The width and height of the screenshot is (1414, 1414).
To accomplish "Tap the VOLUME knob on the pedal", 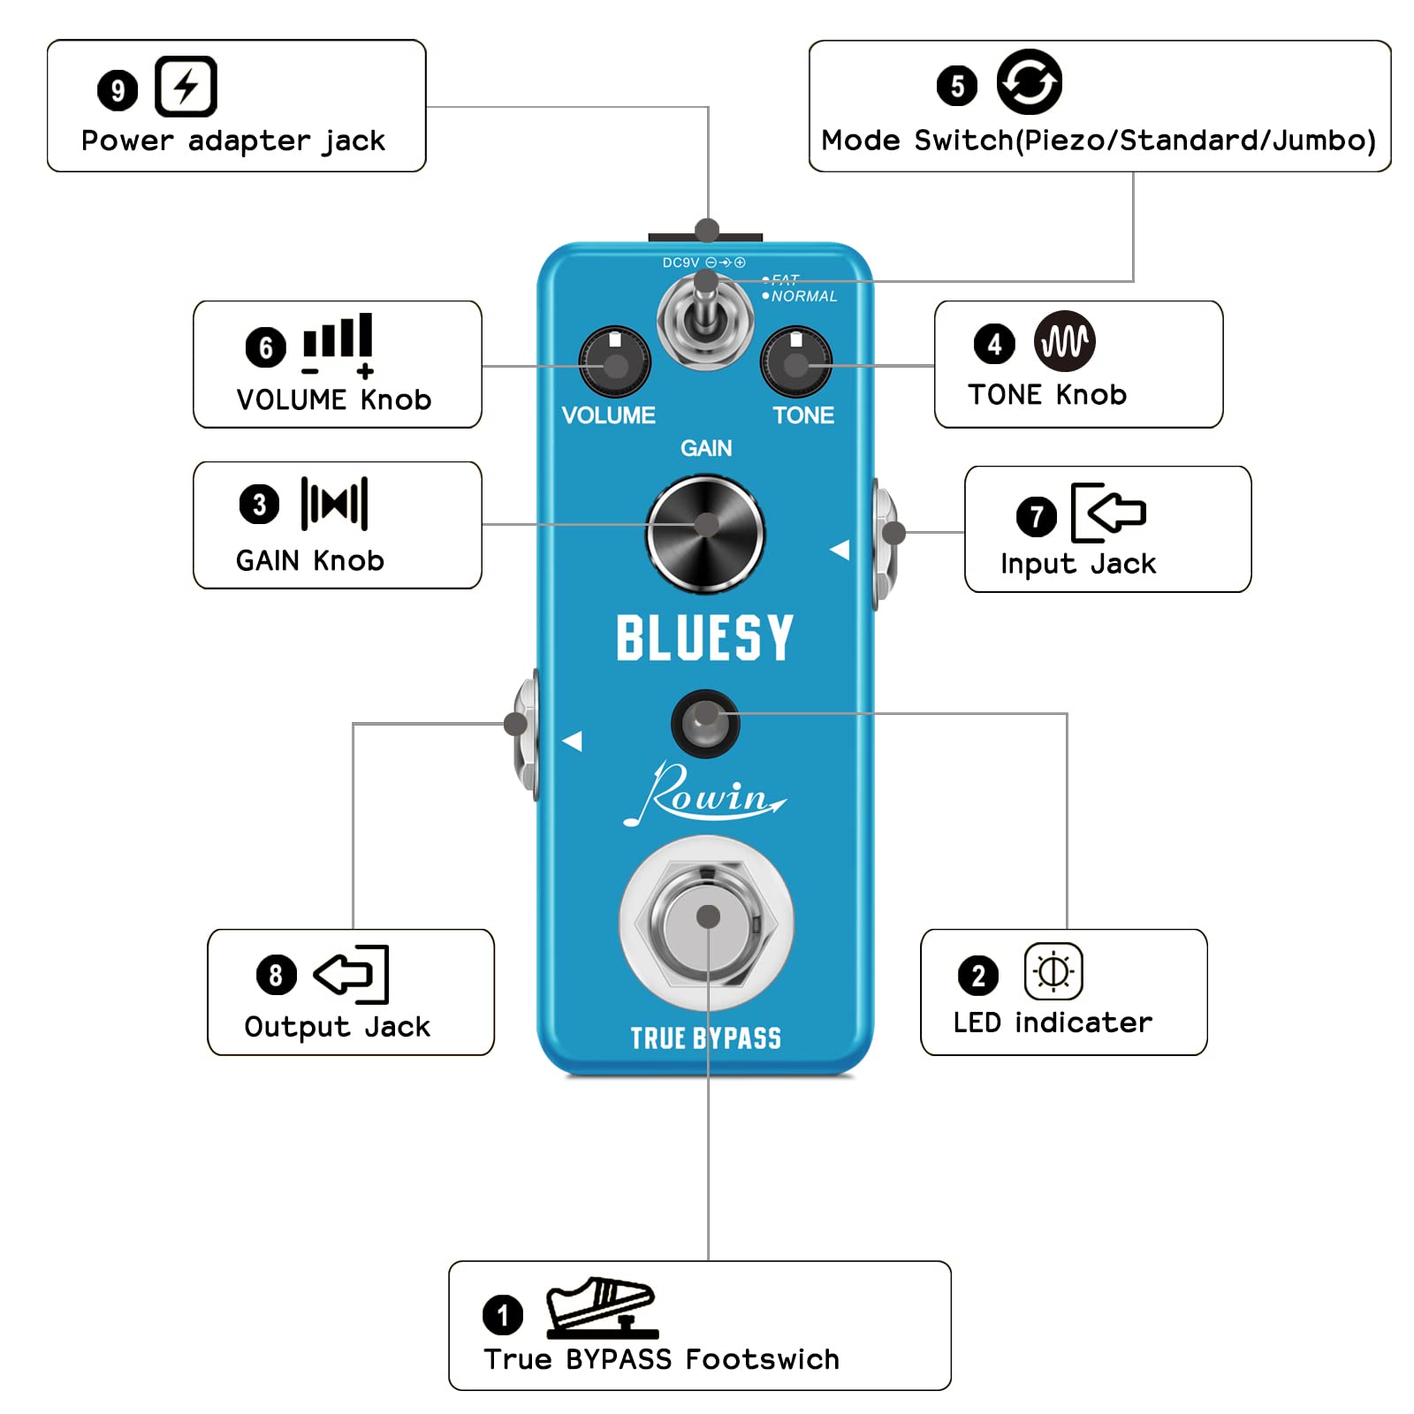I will (x=614, y=361).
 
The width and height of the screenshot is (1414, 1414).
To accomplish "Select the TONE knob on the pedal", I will (x=795, y=361).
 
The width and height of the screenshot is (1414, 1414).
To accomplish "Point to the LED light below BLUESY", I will (x=704, y=723).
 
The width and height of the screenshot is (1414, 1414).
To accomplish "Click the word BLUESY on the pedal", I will (x=704, y=637).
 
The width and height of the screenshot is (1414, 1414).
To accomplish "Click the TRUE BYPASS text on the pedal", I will (x=705, y=1038).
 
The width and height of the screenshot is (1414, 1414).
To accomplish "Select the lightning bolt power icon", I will (x=186, y=87).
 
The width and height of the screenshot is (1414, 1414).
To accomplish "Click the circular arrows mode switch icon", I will (x=1029, y=82).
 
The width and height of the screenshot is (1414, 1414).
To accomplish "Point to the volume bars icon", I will (x=338, y=344).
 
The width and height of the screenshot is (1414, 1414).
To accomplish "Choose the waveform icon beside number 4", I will (x=1064, y=341).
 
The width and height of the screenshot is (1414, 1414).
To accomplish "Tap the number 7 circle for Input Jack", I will (x=1036, y=517).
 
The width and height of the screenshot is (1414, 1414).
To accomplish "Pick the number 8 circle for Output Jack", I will (x=276, y=975).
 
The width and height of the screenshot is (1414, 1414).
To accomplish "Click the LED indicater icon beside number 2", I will (x=1053, y=971).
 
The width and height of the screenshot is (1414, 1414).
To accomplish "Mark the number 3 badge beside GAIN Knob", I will (x=259, y=504).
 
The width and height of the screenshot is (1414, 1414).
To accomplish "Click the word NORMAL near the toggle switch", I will (x=803, y=296).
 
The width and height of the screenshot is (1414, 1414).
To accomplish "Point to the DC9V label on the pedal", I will (x=680, y=262).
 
